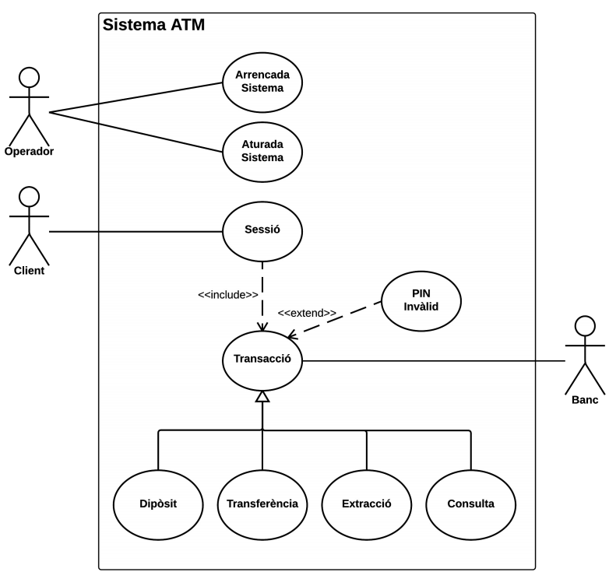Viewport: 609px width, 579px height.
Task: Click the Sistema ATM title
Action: pos(153,26)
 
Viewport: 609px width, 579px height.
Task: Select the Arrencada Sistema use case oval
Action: pos(262,82)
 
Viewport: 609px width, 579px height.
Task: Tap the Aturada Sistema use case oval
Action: pos(262,150)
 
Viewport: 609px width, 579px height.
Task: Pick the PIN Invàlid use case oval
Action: pos(421,300)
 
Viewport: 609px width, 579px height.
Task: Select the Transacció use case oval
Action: pos(262,360)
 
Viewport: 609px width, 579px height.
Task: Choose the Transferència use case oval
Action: pos(262,504)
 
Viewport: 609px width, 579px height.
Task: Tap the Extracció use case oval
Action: pos(366,504)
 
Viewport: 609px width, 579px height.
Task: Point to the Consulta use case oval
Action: pos(470,504)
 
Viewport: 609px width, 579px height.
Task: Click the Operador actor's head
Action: pos(30,78)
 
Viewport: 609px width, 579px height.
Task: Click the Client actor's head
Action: pos(30,196)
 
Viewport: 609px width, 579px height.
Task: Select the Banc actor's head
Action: pos(584,325)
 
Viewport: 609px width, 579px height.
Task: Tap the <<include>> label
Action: pos(227,295)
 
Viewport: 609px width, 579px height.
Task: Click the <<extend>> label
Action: pos(307,313)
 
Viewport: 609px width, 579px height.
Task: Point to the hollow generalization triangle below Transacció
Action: pos(262,397)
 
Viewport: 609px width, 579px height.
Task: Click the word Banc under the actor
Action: pos(584,400)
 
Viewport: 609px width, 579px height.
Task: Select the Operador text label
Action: pos(29,151)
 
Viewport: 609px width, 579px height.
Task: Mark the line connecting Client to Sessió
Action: pos(136,232)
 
